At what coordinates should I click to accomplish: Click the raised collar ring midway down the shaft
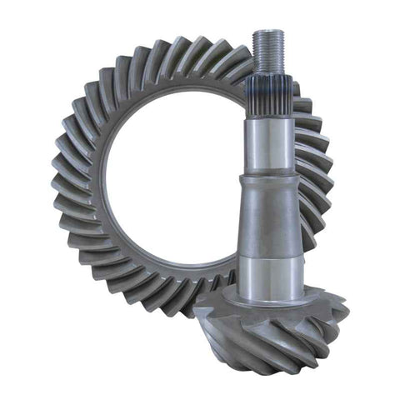point(268,182)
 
